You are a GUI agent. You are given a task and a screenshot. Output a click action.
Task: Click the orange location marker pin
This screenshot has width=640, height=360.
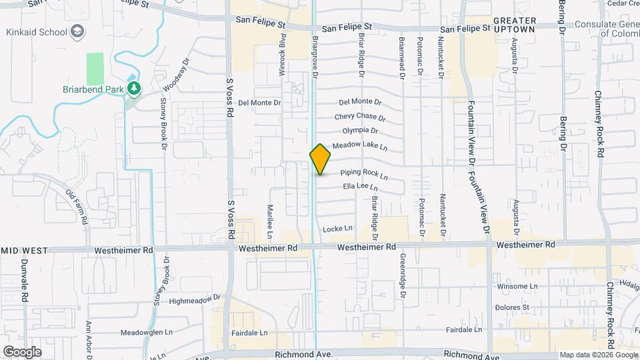point(320,159)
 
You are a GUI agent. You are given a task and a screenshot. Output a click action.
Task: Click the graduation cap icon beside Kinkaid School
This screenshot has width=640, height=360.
point(77,32)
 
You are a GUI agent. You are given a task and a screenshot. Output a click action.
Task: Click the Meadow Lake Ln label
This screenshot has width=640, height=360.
point(361,145)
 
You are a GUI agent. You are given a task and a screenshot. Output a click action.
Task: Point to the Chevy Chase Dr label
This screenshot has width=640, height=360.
point(360,117)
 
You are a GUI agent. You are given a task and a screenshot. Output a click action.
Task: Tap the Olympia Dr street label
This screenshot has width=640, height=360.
point(360,131)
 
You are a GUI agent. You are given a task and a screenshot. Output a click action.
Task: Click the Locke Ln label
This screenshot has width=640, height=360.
point(337,229)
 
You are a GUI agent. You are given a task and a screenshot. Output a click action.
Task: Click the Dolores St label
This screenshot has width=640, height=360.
point(511,307)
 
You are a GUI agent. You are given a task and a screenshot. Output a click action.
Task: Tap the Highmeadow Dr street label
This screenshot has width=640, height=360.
point(195,300)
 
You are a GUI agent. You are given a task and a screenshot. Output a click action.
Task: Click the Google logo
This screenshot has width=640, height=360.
point(22,351)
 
